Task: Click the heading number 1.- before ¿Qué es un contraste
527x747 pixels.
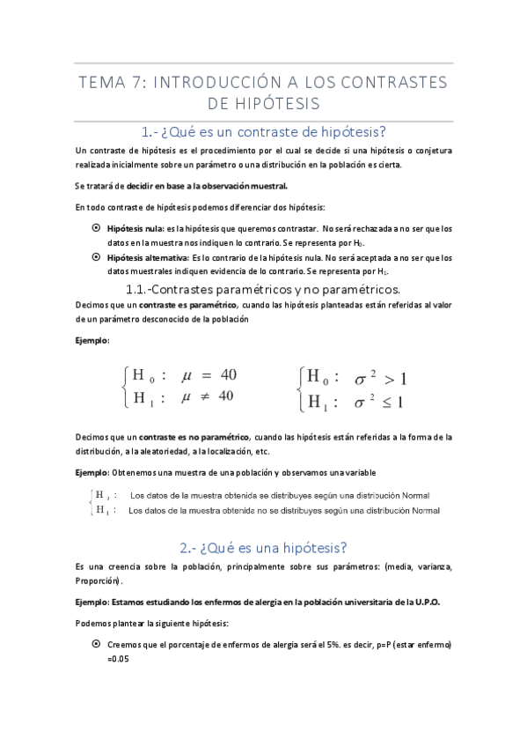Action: (150, 132)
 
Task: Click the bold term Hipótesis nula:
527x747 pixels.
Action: (135, 228)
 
